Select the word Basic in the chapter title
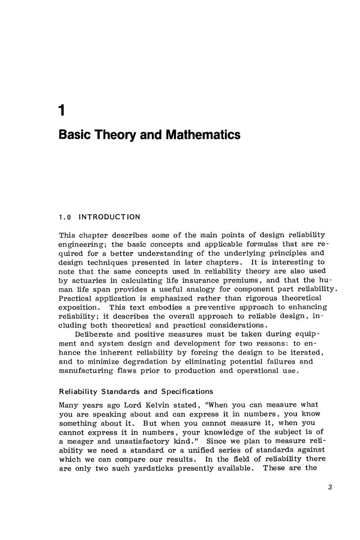(75, 135)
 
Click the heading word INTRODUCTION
(109, 217)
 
